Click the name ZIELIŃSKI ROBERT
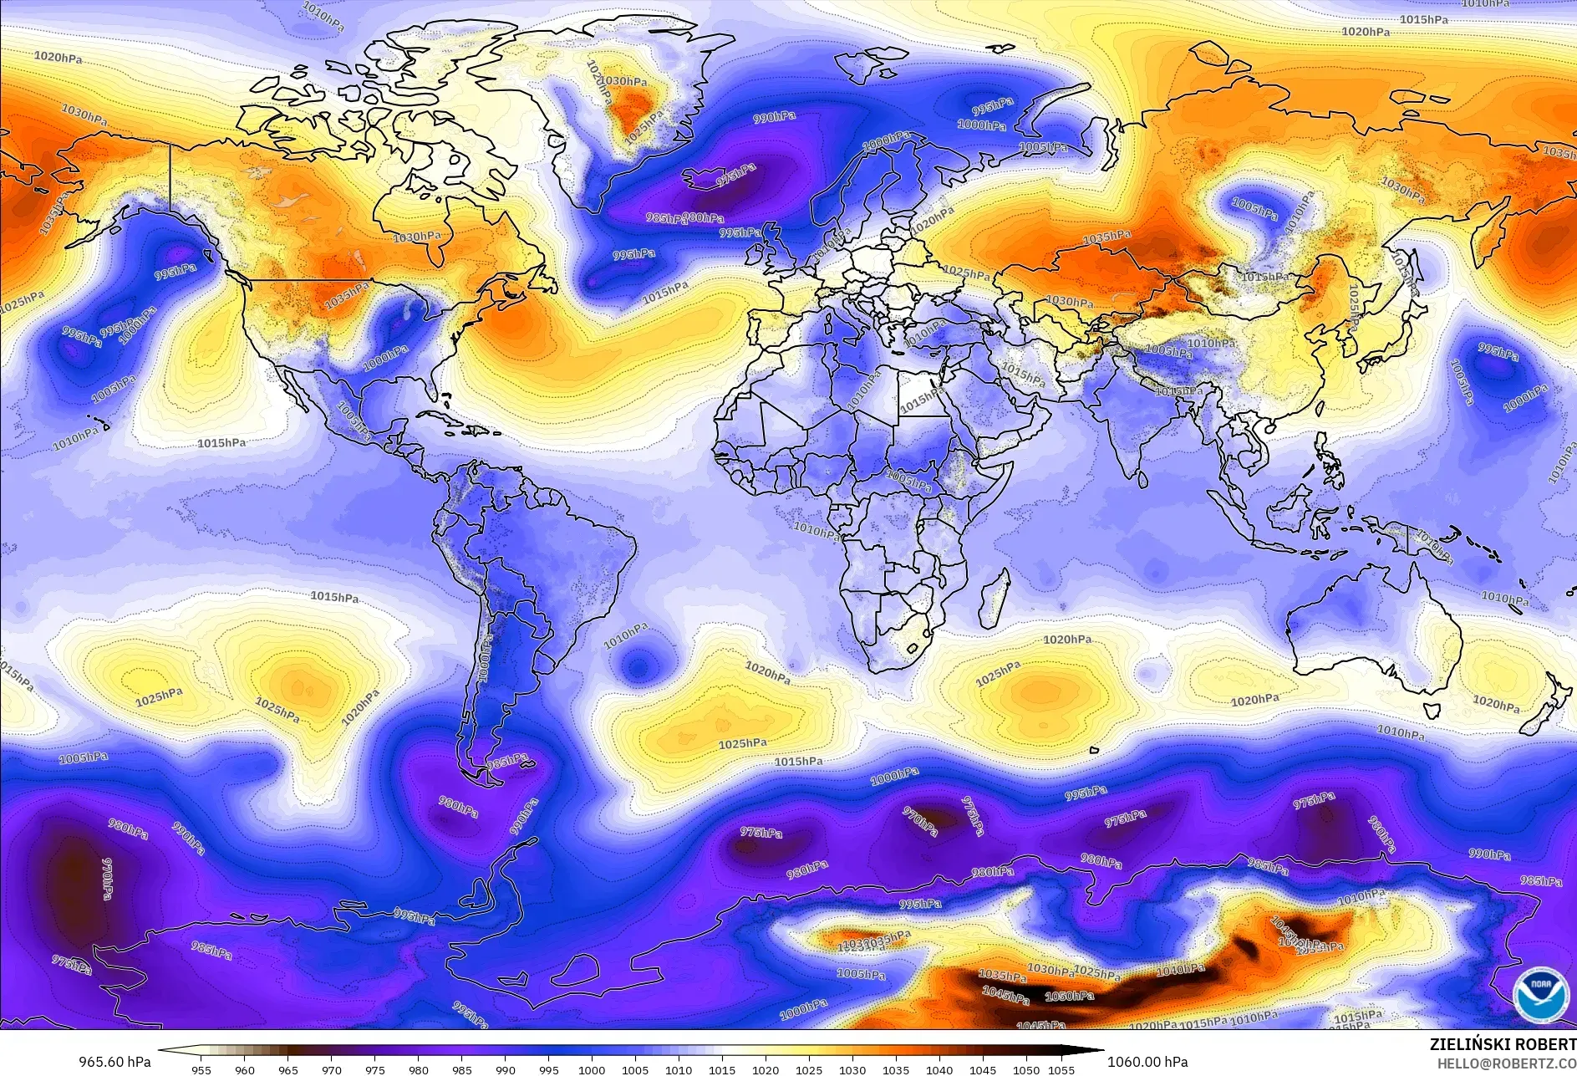point(1503,1045)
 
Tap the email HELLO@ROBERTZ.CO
point(1507,1063)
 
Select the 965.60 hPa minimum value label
point(114,1062)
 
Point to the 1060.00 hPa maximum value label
point(1147,1062)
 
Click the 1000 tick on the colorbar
point(592,1069)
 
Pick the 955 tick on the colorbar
point(201,1069)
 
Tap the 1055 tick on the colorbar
point(1061,1069)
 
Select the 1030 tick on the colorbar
point(852,1069)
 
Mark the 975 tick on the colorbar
point(374,1069)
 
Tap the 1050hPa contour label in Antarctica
point(1070,997)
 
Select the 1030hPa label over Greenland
point(623,82)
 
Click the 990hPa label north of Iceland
point(774,118)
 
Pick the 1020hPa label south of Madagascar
point(1067,640)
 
